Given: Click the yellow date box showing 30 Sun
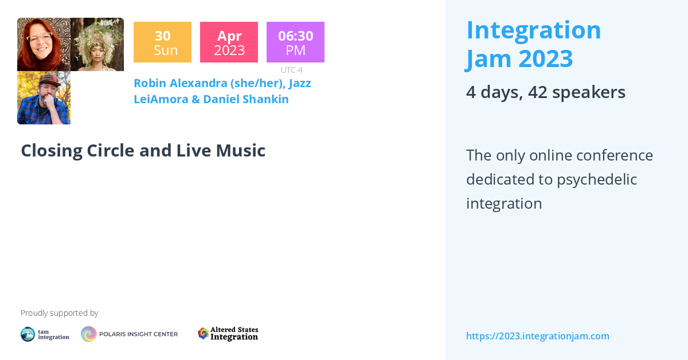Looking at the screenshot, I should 162,42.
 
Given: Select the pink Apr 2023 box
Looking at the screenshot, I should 229,42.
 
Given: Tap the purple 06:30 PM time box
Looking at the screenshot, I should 295,42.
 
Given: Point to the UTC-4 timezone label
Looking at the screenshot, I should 292,70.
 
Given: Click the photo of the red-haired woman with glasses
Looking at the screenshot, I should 44,45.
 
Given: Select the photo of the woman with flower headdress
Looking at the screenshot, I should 97,45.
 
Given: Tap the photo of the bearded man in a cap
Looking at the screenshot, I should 44,97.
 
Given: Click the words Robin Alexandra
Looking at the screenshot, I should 180,83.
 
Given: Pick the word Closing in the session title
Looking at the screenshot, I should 52,151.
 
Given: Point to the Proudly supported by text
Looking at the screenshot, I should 59,313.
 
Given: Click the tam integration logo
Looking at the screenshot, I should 45,334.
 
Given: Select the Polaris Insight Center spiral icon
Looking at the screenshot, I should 89,334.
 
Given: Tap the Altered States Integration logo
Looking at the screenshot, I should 228,334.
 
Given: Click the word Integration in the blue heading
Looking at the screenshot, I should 534,30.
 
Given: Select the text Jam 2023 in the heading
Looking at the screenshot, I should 519,58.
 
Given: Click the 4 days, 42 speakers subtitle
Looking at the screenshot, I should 545,92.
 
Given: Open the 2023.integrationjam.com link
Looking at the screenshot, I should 537,336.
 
